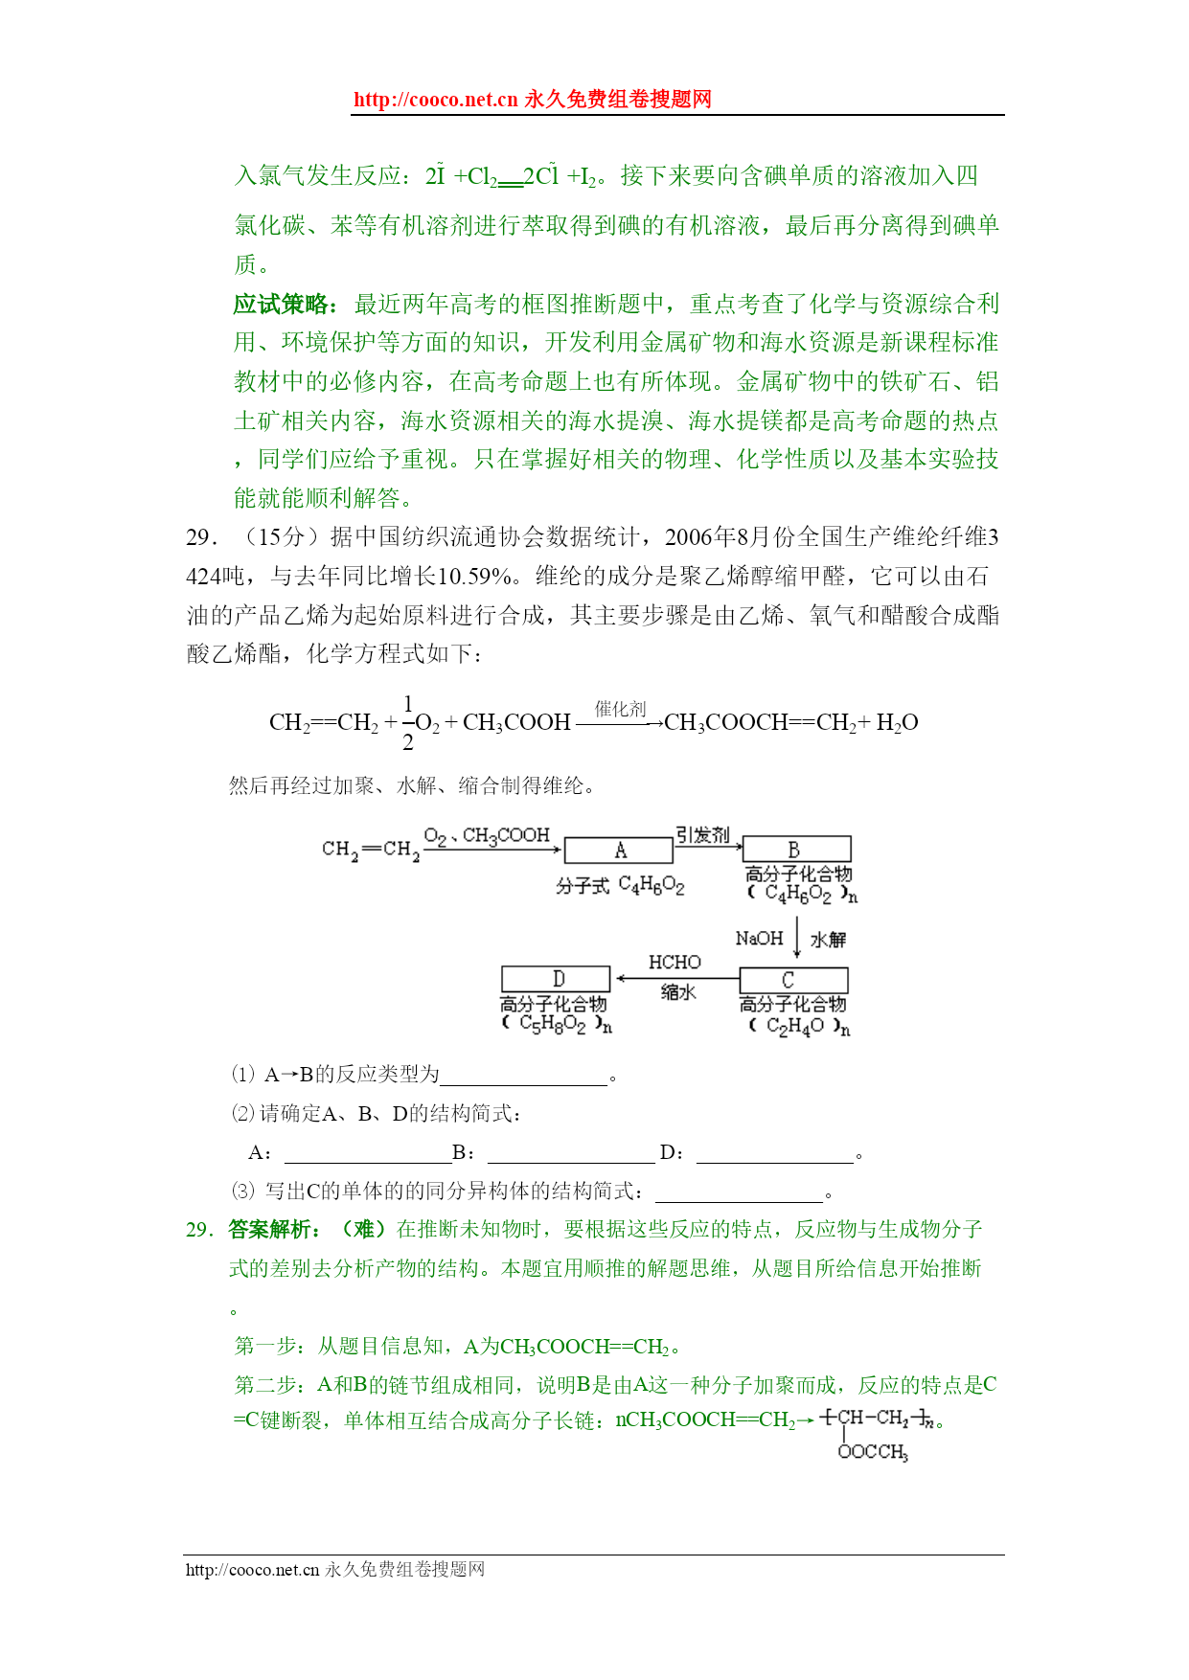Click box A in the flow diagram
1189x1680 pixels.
pos(618,851)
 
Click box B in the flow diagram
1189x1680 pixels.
pos(796,850)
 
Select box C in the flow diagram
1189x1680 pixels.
pos(793,980)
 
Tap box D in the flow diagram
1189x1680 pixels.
pos(556,979)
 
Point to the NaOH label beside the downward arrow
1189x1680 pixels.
pos(759,939)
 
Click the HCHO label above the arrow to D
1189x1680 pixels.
pos(675,963)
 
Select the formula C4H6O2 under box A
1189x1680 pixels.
pos(652,886)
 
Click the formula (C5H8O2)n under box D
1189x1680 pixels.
pos(556,1024)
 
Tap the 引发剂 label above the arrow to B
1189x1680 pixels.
pos(702,835)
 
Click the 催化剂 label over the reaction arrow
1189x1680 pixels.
pos(620,709)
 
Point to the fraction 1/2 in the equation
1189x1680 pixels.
pos(408,723)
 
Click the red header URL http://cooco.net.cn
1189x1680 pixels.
pos(435,100)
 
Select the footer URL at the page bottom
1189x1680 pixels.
pos(252,1570)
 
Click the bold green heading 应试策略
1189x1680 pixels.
pos(285,305)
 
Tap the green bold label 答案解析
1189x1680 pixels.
pos(274,1230)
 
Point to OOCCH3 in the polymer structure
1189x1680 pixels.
pos(872,1452)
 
